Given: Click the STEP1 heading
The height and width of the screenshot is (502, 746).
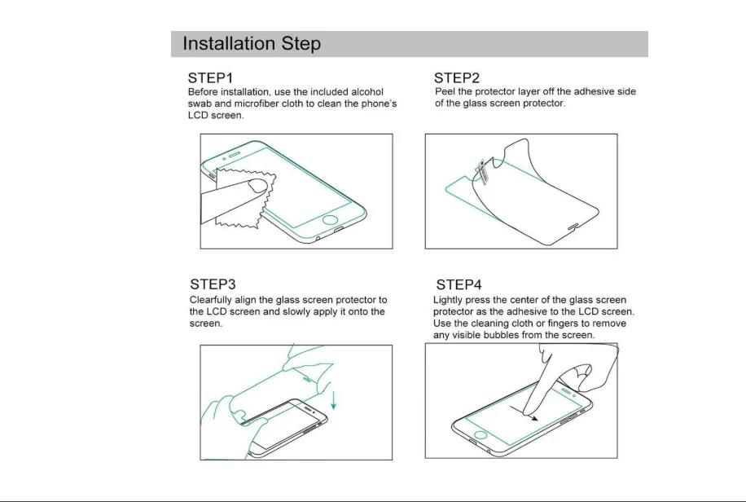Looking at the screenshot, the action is coord(210,77).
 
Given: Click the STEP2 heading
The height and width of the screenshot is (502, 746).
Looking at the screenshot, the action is coord(457,77).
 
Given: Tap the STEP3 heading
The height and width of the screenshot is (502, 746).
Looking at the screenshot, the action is coord(213,284).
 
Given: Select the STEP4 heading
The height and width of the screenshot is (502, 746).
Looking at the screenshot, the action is coord(459,284).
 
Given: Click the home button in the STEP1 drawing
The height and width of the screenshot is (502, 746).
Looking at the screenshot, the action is coord(330,220).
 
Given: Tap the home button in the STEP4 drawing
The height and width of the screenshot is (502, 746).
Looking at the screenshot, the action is coord(481,435).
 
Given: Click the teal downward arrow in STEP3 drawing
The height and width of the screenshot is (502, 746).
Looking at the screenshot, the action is coord(334,400).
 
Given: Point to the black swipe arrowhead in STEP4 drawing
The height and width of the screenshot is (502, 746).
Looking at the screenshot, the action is coord(534,418).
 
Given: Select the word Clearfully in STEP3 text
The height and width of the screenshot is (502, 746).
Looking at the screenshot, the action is coord(210,300).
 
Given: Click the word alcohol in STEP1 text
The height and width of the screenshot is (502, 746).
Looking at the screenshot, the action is coord(366,92).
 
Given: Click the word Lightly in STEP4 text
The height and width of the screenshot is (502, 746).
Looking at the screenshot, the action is coord(448,300).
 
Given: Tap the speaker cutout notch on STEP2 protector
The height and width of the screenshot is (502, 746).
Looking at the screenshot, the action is coord(574,227).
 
